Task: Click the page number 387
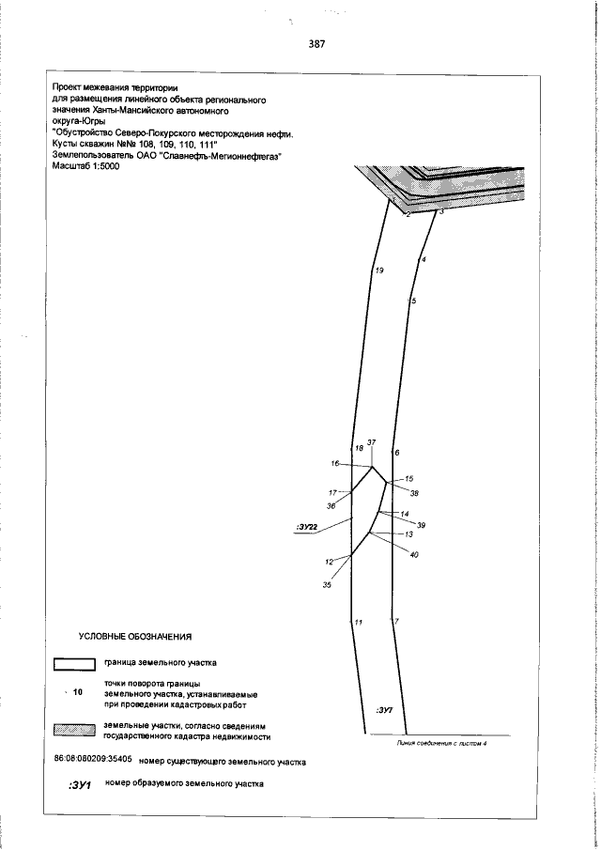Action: point(316,43)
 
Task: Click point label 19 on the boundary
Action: point(378,270)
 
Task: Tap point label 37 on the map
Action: point(371,442)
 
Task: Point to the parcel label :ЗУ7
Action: point(383,710)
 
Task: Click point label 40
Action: point(414,554)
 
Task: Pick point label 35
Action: point(327,585)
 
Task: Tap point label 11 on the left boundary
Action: point(358,622)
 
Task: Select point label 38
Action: point(414,493)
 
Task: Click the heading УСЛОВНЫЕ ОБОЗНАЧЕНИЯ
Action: point(135,637)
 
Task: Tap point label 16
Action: point(334,464)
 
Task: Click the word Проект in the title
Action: point(69,87)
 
